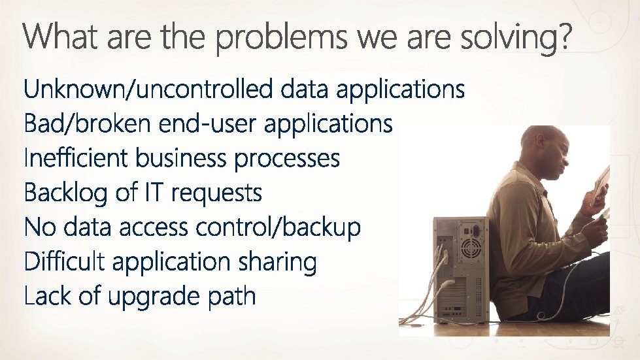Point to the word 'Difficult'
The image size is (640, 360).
click(x=64, y=262)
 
